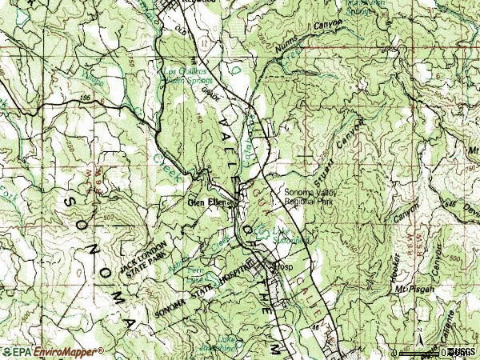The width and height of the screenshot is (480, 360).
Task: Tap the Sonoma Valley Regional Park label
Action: pyautogui.click(x=309, y=197)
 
